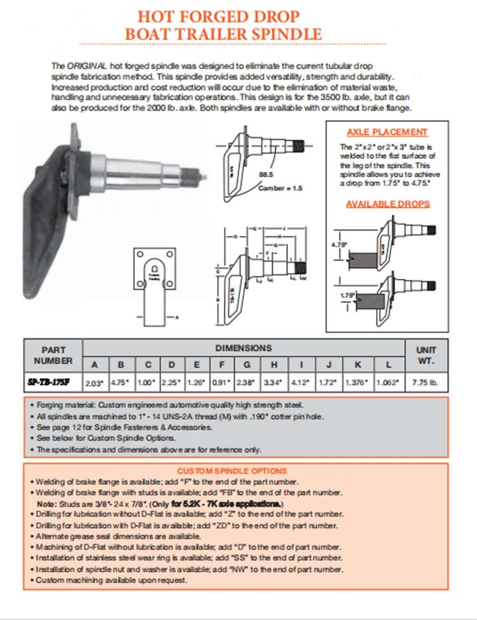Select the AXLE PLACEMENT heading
pyautogui.click(x=387, y=132)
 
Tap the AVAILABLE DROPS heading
pyautogui.click(x=387, y=204)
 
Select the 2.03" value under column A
pyautogui.click(x=94, y=383)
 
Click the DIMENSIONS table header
pyautogui.click(x=243, y=347)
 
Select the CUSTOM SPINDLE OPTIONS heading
pyautogui.click(x=232, y=471)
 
